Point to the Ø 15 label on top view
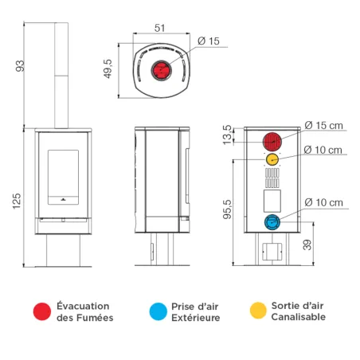click(x=209, y=41)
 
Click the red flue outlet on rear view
click(x=272, y=141)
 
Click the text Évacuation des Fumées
click(x=84, y=311)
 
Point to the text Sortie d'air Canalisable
click(x=299, y=311)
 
